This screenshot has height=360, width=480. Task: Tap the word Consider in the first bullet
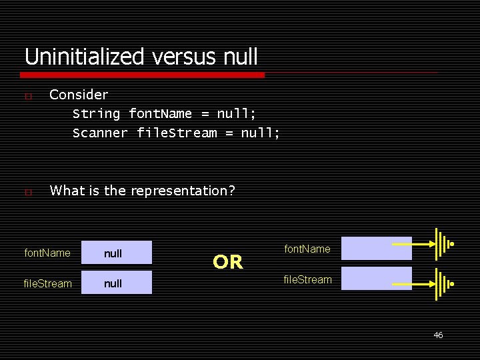tap(79, 95)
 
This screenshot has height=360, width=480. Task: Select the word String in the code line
tap(96, 114)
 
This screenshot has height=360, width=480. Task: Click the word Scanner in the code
tap(100, 133)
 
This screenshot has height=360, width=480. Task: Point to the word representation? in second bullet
tap(183, 191)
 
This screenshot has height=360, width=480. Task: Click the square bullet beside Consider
tap(27, 97)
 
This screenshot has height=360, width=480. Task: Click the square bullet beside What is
tap(27, 193)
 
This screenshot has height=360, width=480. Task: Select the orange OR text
tap(228, 263)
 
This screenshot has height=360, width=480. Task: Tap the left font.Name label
tap(47, 253)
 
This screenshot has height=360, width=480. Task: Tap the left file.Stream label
tap(47, 284)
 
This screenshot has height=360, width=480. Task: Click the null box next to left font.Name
tap(117, 253)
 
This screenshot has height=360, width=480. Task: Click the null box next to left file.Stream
tap(117, 283)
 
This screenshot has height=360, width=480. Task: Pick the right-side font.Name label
tap(307, 249)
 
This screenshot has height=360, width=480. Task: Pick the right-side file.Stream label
tap(307, 279)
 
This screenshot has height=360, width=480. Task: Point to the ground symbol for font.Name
tap(443, 245)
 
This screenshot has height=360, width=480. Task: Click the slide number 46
tap(438, 335)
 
